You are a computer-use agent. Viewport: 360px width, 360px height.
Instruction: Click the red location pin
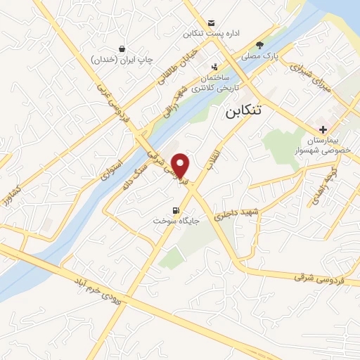coord(181,166)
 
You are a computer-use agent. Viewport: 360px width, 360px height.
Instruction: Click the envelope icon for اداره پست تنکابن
coord(212,22)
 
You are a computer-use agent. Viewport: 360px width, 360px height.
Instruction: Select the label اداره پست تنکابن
coord(212,34)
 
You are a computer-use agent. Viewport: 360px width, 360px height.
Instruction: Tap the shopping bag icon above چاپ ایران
coord(123,49)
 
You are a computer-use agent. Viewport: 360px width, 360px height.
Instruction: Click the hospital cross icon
coord(323,129)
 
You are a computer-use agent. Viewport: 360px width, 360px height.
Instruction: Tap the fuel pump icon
coord(176,209)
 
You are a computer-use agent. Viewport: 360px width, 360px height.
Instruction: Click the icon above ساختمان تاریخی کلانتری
coord(214,68)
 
